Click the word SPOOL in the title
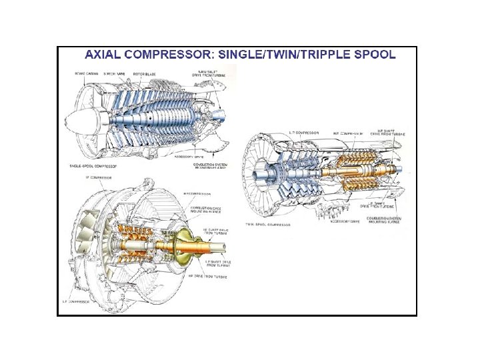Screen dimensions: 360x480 point(375,55)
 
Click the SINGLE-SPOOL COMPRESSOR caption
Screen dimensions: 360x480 point(93,164)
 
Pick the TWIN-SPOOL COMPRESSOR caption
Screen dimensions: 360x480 point(267,225)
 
